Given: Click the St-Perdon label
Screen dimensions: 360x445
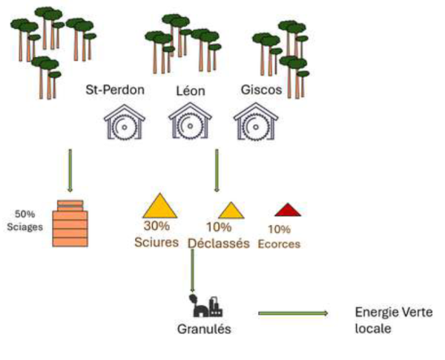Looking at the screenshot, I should click(x=115, y=91).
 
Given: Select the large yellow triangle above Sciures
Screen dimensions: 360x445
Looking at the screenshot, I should click(x=158, y=207).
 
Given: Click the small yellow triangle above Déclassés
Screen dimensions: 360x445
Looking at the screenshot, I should click(x=230, y=212).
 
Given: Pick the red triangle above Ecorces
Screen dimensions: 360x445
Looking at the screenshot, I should click(x=287, y=210).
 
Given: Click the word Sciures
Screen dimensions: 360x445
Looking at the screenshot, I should click(x=157, y=242).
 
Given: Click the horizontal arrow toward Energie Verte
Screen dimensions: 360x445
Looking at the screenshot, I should click(x=292, y=313).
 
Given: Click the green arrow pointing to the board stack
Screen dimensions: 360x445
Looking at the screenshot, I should click(x=70, y=170).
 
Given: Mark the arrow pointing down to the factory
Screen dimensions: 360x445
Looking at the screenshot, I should click(x=192, y=271).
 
